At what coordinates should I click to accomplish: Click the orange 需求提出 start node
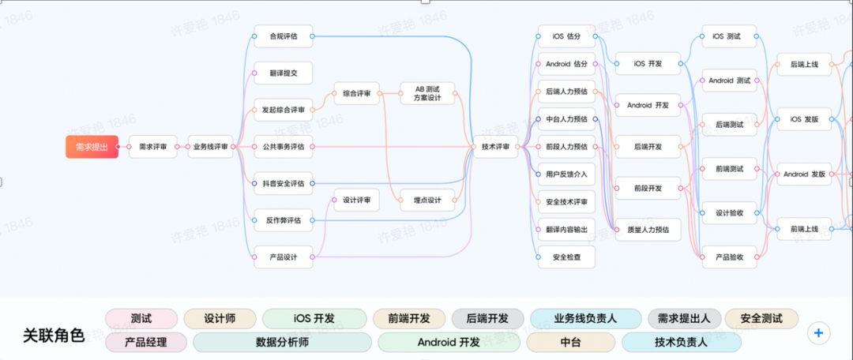(x=92, y=146)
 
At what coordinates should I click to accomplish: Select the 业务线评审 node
(x=211, y=146)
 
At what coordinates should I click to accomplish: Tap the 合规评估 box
(x=283, y=36)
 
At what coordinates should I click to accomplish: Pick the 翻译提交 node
(x=283, y=73)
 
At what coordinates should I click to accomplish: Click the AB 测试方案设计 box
(x=427, y=93)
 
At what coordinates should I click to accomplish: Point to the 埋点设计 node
(x=427, y=201)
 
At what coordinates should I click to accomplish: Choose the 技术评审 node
(x=495, y=146)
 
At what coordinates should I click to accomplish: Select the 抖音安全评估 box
(x=283, y=183)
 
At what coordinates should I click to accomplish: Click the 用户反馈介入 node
(x=566, y=174)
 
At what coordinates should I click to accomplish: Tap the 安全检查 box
(x=566, y=257)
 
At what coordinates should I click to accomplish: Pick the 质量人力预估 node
(x=647, y=230)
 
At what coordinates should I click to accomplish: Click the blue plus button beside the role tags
(x=818, y=333)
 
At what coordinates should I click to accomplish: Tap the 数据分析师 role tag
(x=282, y=342)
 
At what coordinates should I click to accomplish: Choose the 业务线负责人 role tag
(x=585, y=318)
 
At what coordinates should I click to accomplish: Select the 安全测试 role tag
(x=761, y=318)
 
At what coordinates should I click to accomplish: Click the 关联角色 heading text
(x=54, y=336)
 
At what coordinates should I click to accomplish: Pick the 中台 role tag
(x=570, y=342)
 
